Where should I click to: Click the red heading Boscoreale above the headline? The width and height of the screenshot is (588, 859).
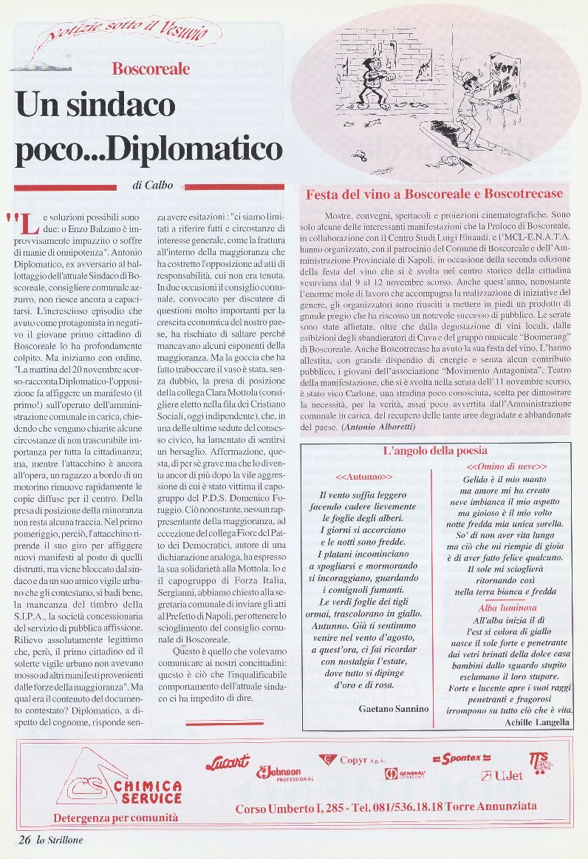point(151,69)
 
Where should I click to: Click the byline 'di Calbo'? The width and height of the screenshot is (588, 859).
point(153,186)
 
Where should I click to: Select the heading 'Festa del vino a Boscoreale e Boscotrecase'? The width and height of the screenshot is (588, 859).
point(434,194)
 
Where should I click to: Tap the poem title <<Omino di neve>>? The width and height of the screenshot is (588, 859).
point(507,467)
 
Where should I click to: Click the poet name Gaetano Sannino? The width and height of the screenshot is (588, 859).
point(394,708)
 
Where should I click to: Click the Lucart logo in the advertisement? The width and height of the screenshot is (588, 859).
point(228,761)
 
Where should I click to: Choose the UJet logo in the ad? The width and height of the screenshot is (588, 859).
point(502,775)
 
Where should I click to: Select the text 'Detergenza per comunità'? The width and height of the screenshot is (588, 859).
point(116,818)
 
